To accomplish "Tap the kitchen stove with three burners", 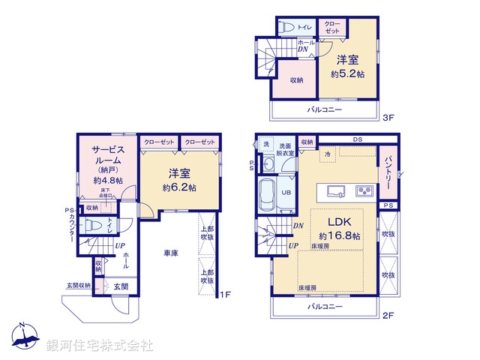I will [x=365, y=190].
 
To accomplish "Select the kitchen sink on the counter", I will [x=334, y=189].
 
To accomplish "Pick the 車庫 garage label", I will [x=170, y=253].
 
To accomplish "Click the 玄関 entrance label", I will [x=121, y=286].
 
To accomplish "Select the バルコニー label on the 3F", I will [x=324, y=109].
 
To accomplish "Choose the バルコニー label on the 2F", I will [x=324, y=307].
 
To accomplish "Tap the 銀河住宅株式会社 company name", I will [x=100, y=345].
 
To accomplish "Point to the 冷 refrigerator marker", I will [x=327, y=154].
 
